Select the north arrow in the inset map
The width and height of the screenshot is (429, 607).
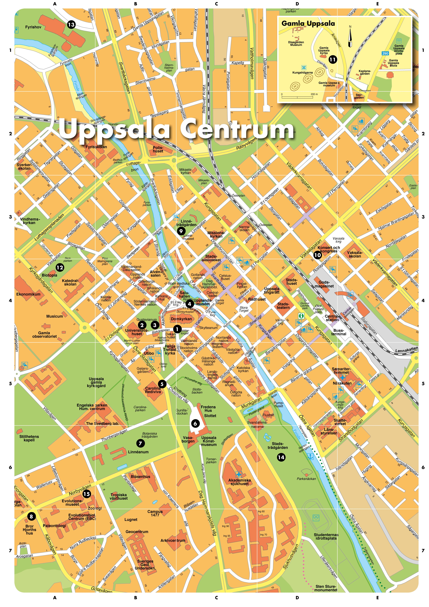point(350,37)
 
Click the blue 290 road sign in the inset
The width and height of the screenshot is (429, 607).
point(385,53)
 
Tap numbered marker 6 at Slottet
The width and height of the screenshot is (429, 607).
point(195,423)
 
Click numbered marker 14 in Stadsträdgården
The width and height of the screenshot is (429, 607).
point(281,457)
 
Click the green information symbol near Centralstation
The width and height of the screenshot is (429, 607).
point(301,316)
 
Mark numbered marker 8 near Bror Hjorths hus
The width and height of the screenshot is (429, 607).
point(31,516)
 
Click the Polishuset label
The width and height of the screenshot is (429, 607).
point(158,150)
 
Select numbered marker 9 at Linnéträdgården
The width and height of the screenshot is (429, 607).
point(181,231)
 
